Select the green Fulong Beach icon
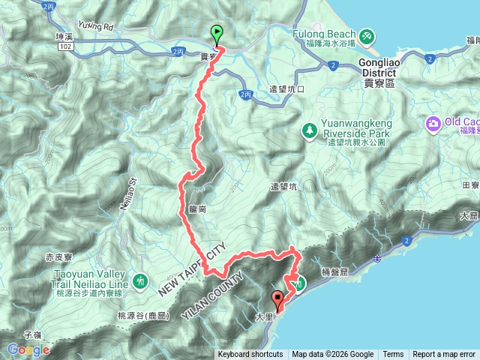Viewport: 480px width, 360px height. [x=366, y=35]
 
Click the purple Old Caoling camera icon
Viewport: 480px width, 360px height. [x=433, y=123]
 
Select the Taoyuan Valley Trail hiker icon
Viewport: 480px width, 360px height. [x=140, y=280]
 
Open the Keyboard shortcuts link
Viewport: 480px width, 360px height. [x=250, y=355]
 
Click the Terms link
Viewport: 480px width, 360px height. [x=393, y=355]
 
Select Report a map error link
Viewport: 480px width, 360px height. [x=444, y=355]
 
